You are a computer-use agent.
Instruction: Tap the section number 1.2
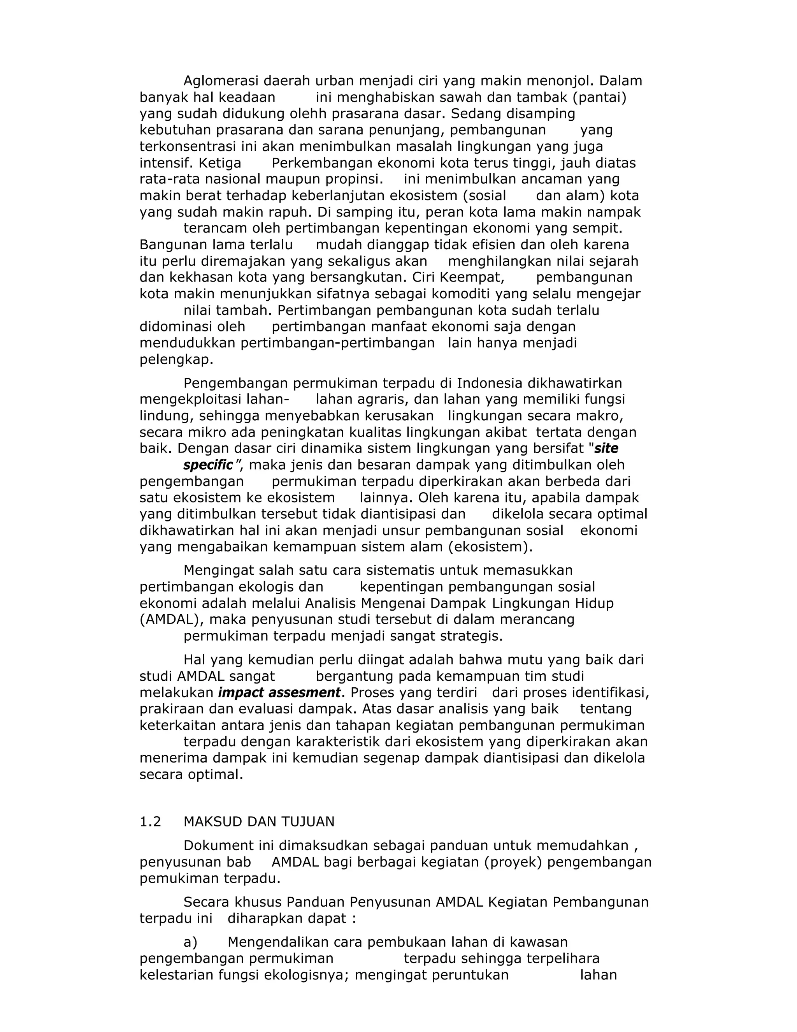point(150,822)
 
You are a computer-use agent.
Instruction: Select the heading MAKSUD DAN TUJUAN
point(259,822)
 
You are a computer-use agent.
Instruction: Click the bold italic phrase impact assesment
point(279,693)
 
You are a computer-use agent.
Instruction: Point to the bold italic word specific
point(208,465)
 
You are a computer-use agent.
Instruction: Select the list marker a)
point(190,942)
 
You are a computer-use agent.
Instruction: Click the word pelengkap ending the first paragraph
point(176,359)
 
